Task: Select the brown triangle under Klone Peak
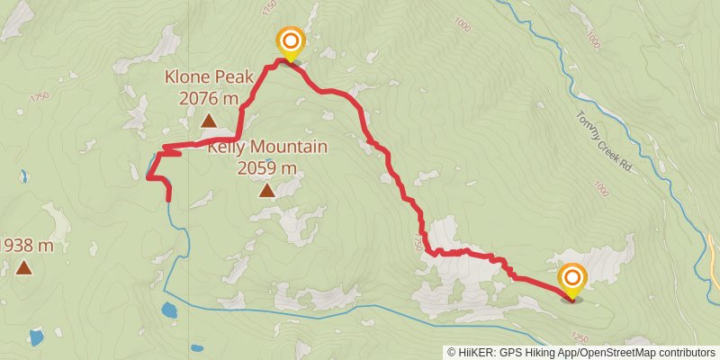[208, 121]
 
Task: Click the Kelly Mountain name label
[267, 147]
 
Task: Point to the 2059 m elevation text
[267, 167]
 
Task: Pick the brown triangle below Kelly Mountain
[267, 190]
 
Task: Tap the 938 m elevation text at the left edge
[27, 245]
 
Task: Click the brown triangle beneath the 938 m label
[23, 267]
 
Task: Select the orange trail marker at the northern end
[290, 41]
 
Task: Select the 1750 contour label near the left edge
[39, 97]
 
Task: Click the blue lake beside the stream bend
[169, 310]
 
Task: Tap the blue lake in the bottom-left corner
[35, 337]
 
